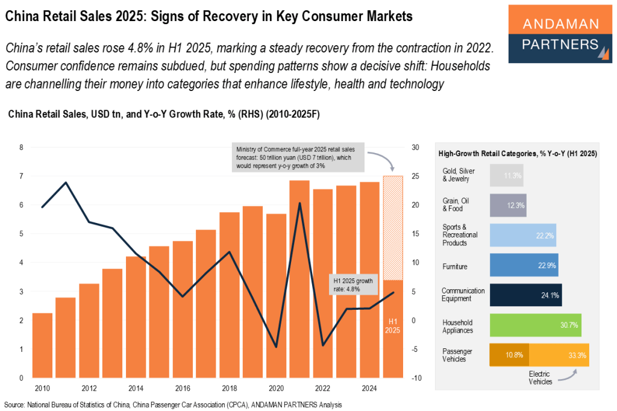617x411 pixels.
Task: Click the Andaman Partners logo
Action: pyautogui.click(x=560, y=34)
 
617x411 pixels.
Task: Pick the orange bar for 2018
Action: pyautogui.click(x=230, y=295)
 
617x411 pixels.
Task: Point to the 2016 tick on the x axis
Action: pyautogui.click(x=182, y=387)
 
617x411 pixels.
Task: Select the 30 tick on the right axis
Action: pyautogui.click(x=416, y=148)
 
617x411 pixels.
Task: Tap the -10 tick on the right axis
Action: pyautogui.click(x=416, y=378)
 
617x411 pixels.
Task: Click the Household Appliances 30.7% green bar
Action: pyautogui.click(x=535, y=325)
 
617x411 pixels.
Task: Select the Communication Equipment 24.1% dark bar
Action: pyautogui.click(x=525, y=295)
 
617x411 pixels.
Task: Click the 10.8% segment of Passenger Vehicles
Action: pyautogui.click(x=509, y=354)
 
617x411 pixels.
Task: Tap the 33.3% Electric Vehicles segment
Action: pyautogui.click(x=559, y=354)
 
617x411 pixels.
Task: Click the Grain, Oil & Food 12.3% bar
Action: pyautogui.click(x=508, y=205)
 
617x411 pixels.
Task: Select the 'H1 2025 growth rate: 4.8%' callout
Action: pyautogui.click(x=353, y=284)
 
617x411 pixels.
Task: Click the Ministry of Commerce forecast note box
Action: pyautogui.click(x=298, y=158)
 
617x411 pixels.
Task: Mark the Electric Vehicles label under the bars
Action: pyautogui.click(x=540, y=378)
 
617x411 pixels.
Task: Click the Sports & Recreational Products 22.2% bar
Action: pyautogui.click(x=522, y=235)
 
